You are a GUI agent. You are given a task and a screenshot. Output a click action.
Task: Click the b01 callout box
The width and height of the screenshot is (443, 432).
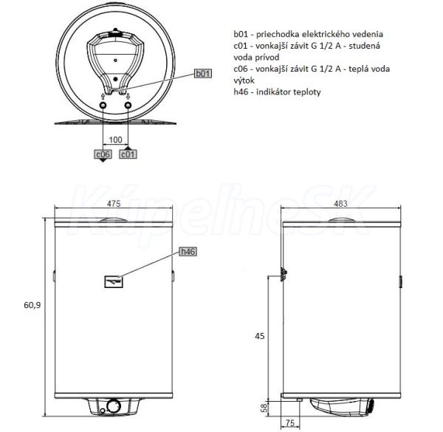(203, 73)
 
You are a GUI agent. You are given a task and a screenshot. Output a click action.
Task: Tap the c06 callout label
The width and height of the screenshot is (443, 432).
(103, 154)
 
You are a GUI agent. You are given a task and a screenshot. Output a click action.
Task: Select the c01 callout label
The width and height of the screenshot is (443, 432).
(128, 154)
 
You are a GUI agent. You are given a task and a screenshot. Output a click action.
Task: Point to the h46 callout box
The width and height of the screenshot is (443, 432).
(188, 252)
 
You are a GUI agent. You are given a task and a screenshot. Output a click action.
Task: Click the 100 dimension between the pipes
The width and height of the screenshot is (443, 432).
(115, 140)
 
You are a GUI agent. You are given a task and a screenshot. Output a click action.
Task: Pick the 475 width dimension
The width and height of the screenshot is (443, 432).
(114, 203)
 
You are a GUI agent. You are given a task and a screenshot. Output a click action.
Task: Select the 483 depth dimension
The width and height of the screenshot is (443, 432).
(340, 203)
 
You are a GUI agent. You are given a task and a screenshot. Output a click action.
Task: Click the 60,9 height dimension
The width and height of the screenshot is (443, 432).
(32, 305)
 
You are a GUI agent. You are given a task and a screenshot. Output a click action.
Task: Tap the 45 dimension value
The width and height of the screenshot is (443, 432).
(260, 336)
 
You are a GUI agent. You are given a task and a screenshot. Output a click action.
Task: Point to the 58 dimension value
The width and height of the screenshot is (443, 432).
(264, 408)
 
